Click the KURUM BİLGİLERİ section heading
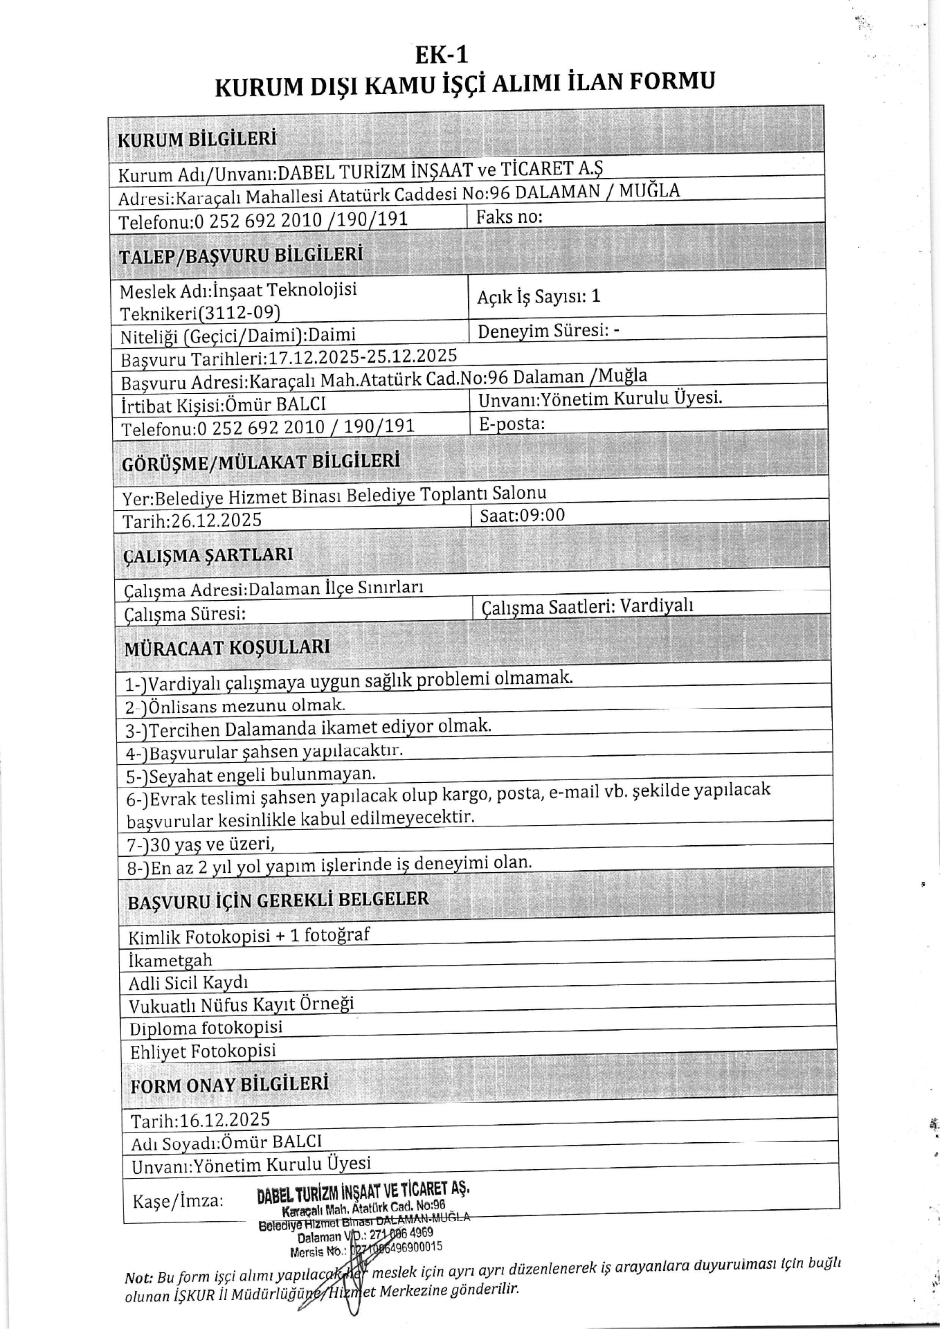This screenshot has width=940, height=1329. point(197,138)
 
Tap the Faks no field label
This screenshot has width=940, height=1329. point(509,217)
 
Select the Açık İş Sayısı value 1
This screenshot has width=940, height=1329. point(596,296)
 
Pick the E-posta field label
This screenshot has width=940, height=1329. point(512,424)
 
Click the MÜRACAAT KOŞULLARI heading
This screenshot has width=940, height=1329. point(227,648)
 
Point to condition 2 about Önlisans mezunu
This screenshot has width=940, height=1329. point(235,707)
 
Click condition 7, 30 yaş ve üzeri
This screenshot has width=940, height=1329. point(201,844)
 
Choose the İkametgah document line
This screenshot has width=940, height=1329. point(170,960)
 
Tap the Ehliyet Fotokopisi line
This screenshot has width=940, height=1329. point(203,1051)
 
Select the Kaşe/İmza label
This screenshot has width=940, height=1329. point(178,1200)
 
